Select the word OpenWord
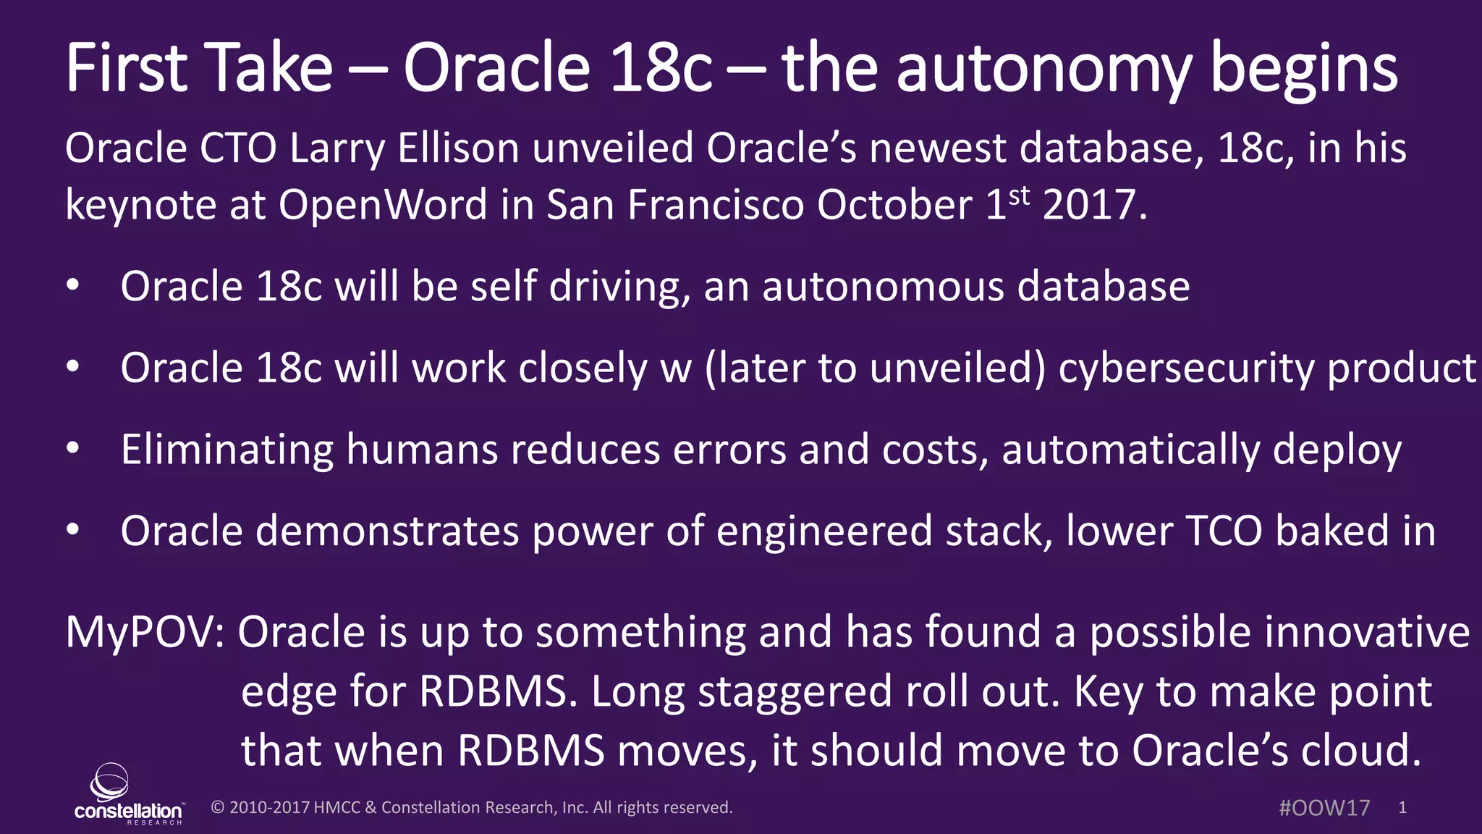(x=383, y=205)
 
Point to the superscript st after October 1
(x=1019, y=195)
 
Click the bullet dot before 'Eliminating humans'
(x=72, y=449)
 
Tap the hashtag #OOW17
(x=1324, y=808)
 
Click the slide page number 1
(x=1402, y=808)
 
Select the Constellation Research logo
(x=128, y=795)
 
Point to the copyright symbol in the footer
(x=217, y=808)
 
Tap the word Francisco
(x=716, y=205)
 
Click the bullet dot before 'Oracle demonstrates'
(x=72, y=531)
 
